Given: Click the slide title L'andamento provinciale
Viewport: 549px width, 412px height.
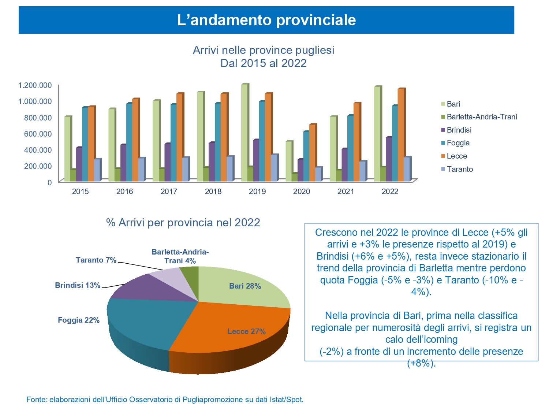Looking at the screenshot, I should coord(266,20).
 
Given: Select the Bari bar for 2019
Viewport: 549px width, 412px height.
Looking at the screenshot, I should coord(244,133).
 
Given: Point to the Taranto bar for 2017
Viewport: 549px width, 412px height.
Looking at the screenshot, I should coord(185,169).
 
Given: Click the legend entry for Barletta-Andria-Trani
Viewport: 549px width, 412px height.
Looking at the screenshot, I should coord(482,117).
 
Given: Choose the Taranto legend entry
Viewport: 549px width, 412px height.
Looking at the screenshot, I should coord(460,169).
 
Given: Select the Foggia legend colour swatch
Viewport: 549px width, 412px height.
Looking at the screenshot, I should coord(443,143).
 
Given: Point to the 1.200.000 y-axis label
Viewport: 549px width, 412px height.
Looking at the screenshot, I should coord(35,85).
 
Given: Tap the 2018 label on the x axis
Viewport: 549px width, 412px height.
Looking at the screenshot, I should coord(213,192).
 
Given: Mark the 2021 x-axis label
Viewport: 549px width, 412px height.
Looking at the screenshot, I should coord(346,192).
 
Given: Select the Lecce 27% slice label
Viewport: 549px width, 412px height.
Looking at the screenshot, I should coord(246,331).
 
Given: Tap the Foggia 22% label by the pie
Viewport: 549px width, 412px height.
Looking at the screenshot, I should coord(79,320).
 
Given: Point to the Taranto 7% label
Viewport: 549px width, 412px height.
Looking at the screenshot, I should coord(96,260).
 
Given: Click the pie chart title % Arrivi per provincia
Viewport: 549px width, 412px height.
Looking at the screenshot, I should coord(183,223).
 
